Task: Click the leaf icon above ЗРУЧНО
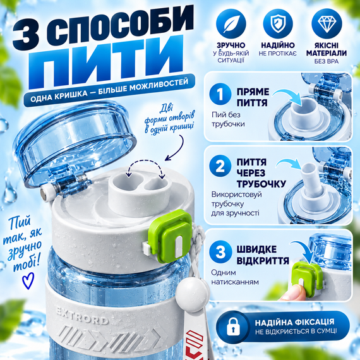pyautogui.click(x=231, y=23)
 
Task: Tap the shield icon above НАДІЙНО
pyautogui.click(x=278, y=23)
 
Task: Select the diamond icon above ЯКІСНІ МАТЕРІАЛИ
pyautogui.click(x=327, y=23)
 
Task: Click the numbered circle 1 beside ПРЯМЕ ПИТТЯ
pyautogui.click(x=220, y=93)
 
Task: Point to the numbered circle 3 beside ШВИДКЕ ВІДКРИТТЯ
pyautogui.click(x=220, y=251)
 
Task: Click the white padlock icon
pyautogui.click(x=233, y=327)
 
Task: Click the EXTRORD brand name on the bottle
pyautogui.click(x=82, y=316)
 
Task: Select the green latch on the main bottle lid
pyautogui.click(x=171, y=236)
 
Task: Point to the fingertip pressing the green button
pyautogui.click(x=290, y=292)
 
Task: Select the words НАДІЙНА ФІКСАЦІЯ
pyautogui.click(x=294, y=322)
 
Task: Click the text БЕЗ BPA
pyautogui.click(x=327, y=61)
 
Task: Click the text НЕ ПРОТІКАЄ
pyautogui.click(x=277, y=54)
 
